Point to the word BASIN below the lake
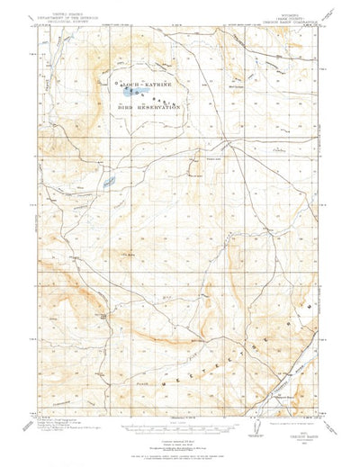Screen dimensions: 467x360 click(x=162, y=98)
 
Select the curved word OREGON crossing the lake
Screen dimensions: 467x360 click(x=121, y=88)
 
